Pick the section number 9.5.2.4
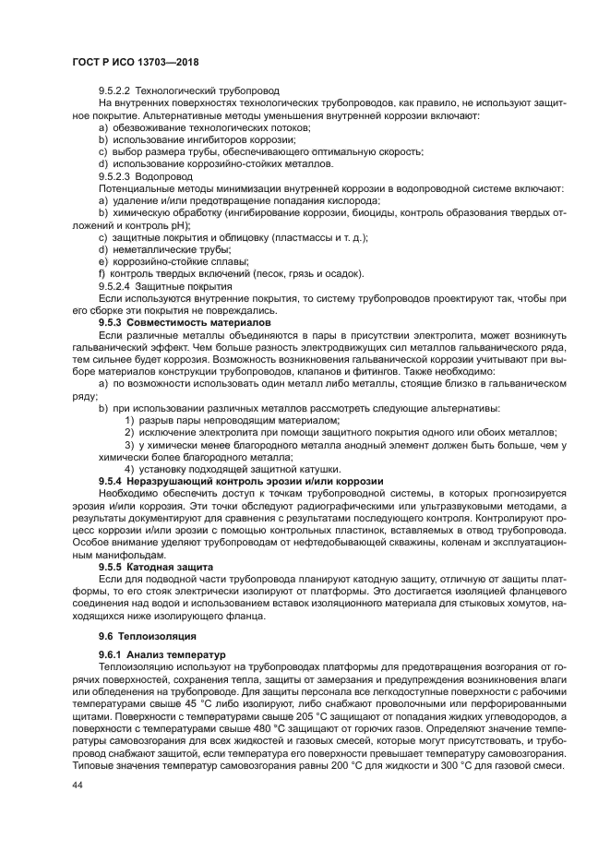[115, 286]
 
